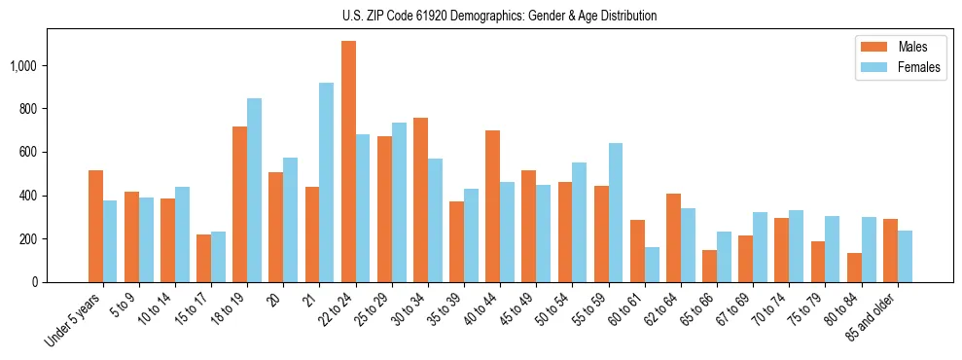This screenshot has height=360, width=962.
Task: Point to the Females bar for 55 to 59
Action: click(x=616, y=213)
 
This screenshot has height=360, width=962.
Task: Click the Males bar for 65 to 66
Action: click(x=709, y=267)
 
